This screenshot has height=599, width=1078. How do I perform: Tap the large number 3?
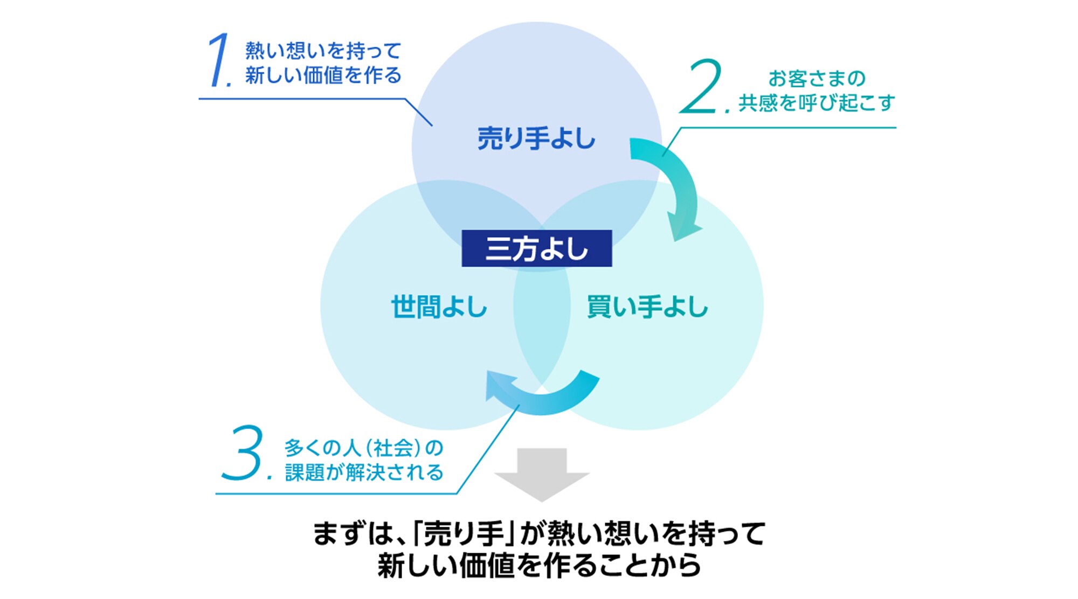click(243, 454)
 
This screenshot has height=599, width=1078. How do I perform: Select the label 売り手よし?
click(536, 138)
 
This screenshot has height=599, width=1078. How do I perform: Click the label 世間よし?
click(439, 307)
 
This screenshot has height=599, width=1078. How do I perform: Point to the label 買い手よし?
click(647, 307)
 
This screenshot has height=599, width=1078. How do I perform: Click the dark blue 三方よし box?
click(537, 249)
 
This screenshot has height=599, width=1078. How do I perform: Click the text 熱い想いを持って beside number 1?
click(323, 51)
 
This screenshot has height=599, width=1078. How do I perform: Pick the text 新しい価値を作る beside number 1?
click(323, 75)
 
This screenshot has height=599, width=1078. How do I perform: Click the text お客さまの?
click(817, 79)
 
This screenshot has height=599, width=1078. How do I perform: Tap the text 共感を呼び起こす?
click(817, 102)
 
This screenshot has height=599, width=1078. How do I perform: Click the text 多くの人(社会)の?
click(364, 448)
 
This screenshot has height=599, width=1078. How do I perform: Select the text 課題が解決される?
click(364, 472)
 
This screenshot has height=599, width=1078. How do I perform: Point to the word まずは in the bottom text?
click(353, 534)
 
